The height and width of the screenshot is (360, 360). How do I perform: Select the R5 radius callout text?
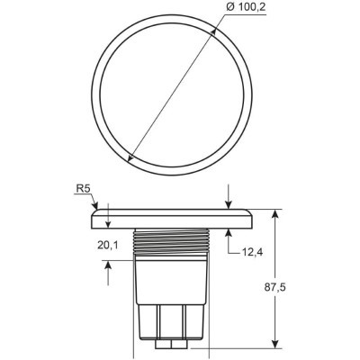click(81, 190)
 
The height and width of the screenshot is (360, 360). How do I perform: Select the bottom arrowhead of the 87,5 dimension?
click(274, 343)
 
